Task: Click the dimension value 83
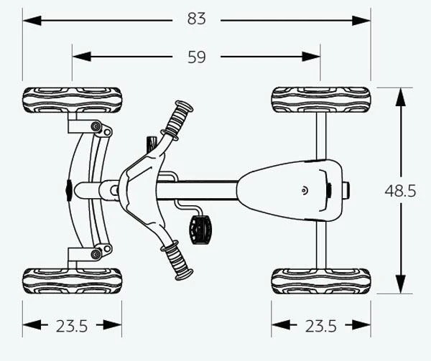(x=197, y=19)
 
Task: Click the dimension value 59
(x=197, y=57)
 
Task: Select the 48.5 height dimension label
(x=400, y=191)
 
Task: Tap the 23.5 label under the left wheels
(x=71, y=326)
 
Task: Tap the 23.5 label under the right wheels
(x=320, y=326)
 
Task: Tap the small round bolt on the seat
(x=305, y=191)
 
